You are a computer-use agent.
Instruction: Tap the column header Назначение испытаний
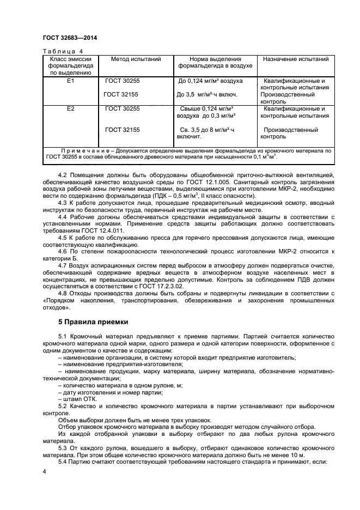[x=296, y=59]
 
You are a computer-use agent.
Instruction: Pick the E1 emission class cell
[x=70, y=81]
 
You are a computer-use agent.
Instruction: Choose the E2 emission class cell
[x=70, y=109]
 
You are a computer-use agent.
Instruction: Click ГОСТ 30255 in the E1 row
[x=123, y=81]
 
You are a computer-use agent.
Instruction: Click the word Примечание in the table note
[x=87, y=149]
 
